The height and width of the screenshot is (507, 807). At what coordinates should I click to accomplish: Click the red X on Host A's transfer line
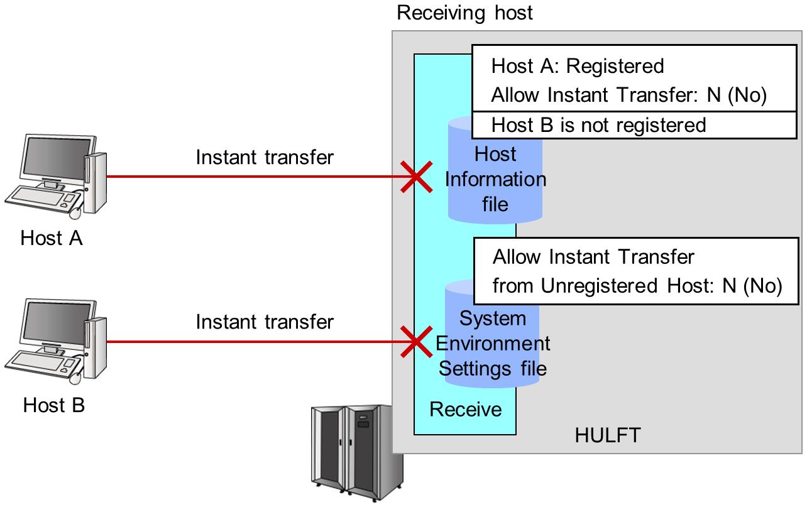pyautogui.click(x=416, y=177)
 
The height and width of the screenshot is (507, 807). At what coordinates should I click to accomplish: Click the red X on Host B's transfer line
pyautogui.click(x=416, y=342)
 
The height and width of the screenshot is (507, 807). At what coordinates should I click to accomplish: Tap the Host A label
pyautogui.click(x=52, y=239)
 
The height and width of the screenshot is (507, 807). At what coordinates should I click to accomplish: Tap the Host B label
pyautogui.click(x=54, y=405)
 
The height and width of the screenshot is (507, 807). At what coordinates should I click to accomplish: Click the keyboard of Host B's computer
pyautogui.click(x=41, y=363)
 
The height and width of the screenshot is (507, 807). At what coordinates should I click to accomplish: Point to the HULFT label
pyautogui.click(x=607, y=435)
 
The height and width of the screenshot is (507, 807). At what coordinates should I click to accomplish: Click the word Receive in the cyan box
pyautogui.click(x=466, y=410)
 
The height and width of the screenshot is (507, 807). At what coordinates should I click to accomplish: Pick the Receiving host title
pyautogui.click(x=464, y=13)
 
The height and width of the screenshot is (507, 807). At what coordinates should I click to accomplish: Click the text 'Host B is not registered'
pyautogui.click(x=598, y=125)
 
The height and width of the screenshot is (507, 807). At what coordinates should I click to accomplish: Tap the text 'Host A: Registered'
pyautogui.click(x=577, y=66)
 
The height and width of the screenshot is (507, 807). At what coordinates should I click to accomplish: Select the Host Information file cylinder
pyautogui.click(x=495, y=179)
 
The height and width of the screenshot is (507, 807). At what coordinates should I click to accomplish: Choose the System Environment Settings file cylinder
pyautogui.click(x=493, y=342)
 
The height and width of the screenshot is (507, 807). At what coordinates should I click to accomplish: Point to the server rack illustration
pyautogui.click(x=356, y=451)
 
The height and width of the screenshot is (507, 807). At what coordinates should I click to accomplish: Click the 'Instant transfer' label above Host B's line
pyautogui.click(x=265, y=322)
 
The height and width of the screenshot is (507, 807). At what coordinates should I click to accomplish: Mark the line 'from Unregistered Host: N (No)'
pyautogui.click(x=637, y=286)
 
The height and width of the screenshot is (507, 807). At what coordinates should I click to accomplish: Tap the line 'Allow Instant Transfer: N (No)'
pyautogui.click(x=629, y=95)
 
